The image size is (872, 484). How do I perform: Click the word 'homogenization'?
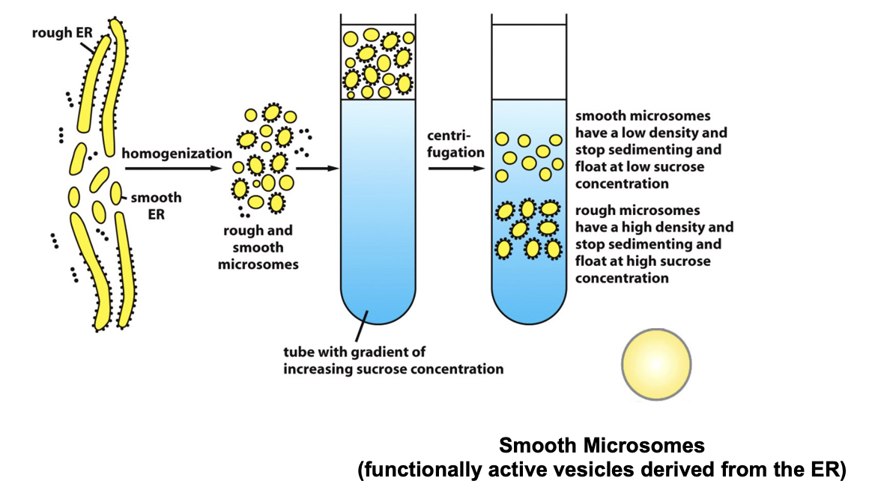tap(177, 153)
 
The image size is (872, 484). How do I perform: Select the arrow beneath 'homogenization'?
tap(176, 169)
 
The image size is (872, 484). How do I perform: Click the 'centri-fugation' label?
tap(454, 144)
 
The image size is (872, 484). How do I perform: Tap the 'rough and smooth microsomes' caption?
tap(255, 247)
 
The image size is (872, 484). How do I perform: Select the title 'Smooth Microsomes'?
tap(602, 446)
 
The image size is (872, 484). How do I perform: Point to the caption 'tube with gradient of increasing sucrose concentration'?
tap(393, 360)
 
